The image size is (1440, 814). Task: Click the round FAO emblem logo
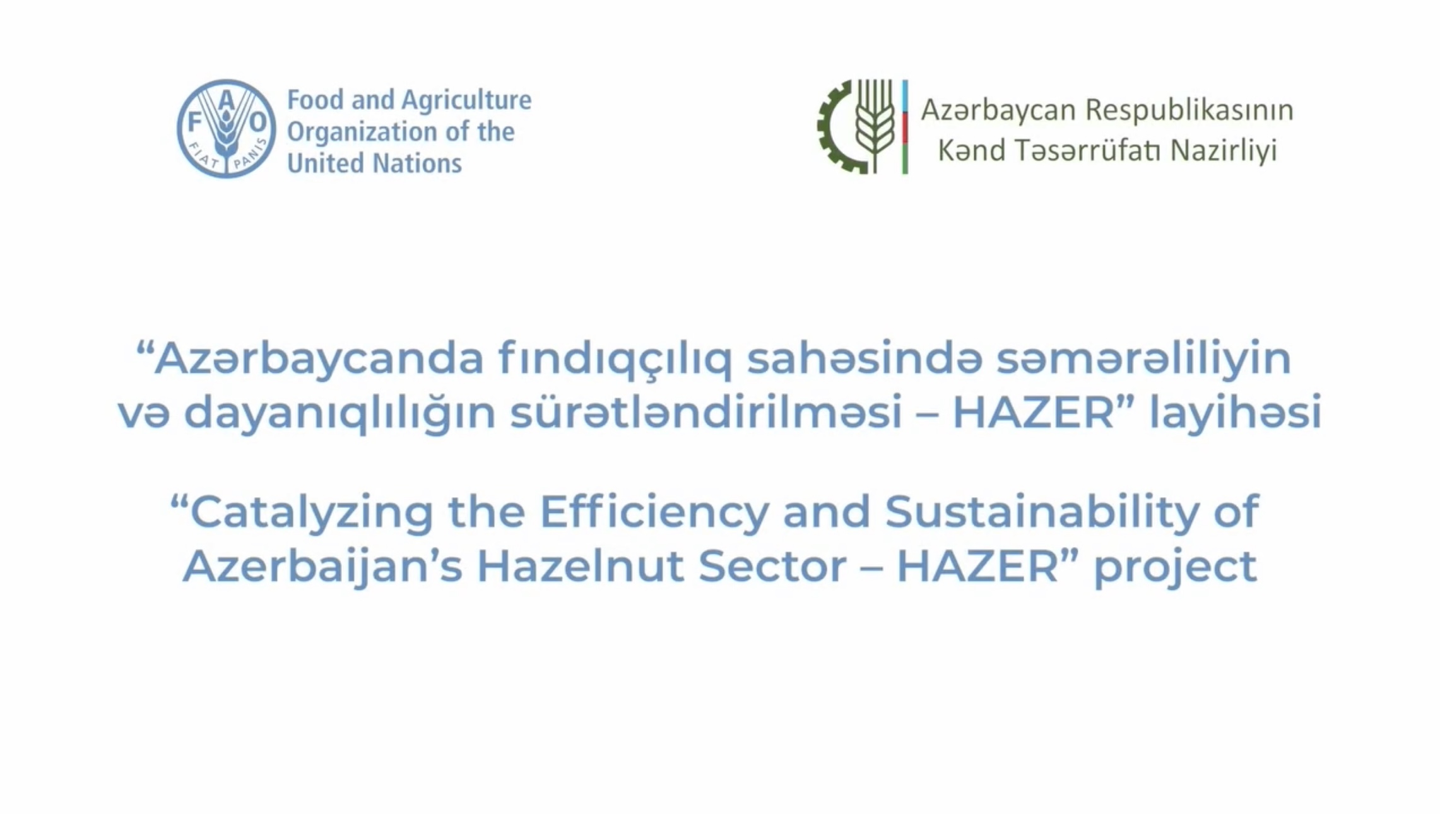coord(226,129)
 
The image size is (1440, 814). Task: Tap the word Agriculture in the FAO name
coord(466,100)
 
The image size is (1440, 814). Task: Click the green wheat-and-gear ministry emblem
coord(857,126)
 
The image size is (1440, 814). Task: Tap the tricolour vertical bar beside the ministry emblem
coord(905,126)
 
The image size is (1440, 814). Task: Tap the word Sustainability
coord(1042,512)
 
